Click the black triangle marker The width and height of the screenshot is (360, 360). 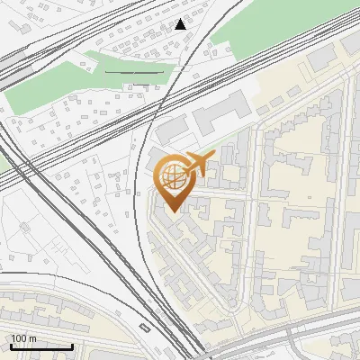click(x=182, y=23)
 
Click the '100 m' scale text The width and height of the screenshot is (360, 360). click(x=24, y=337)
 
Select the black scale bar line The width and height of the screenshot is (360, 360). click(x=41, y=346)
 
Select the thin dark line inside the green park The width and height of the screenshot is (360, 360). click(x=135, y=71)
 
